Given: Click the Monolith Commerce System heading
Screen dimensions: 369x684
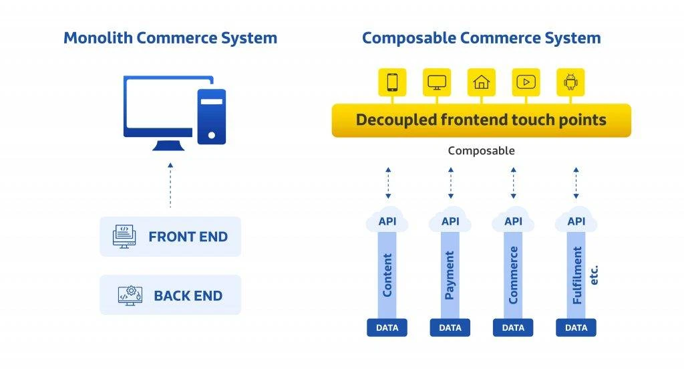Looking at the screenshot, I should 170,38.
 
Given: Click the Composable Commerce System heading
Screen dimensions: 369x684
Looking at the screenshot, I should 481,38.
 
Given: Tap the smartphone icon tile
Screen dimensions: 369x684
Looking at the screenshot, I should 392,82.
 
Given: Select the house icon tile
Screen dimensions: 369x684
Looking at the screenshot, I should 481,82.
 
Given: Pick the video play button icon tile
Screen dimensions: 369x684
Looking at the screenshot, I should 526,82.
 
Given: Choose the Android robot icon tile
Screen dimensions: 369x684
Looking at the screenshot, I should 570,82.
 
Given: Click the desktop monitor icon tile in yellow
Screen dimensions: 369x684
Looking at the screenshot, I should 437,82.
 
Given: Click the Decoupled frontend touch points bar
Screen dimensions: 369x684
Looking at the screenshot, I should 481,120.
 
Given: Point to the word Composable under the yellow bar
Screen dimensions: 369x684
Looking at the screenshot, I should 481,150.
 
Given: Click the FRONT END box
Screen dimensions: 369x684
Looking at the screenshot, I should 170,237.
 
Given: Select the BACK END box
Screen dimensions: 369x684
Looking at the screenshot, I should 170,295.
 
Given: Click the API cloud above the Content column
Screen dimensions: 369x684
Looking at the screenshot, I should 387,221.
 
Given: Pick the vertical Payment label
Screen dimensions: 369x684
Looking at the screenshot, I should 450,275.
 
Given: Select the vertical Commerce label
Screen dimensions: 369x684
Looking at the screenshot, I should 513,275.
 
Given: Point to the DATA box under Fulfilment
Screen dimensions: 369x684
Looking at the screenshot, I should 576,328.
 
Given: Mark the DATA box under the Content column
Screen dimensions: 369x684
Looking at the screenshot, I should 387,328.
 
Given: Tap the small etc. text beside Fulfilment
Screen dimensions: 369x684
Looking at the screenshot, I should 594,273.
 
